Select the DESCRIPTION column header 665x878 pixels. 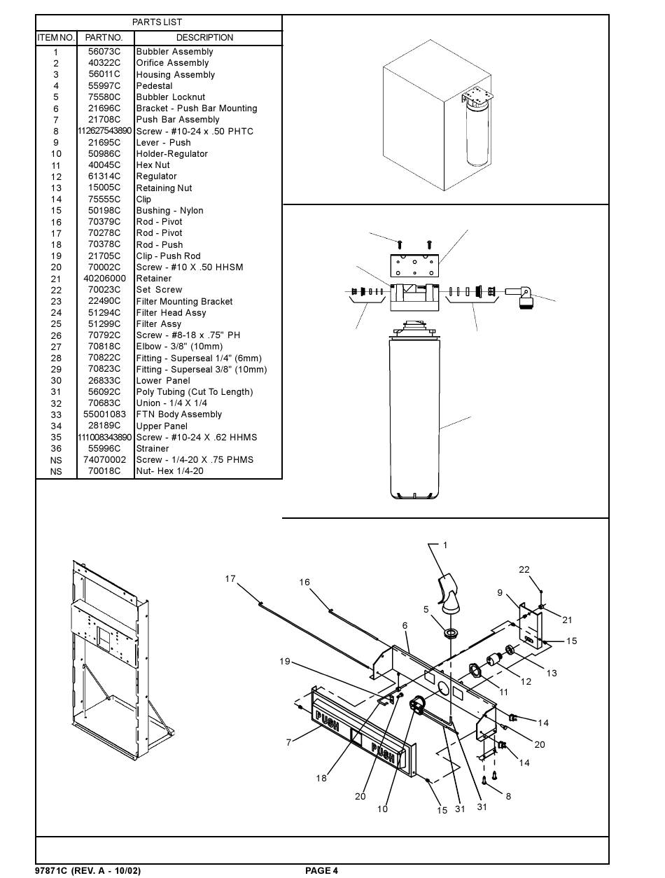tap(204, 38)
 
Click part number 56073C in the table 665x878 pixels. tap(104, 52)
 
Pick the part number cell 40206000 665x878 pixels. tap(104, 279)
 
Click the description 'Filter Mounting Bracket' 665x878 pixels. tap(184, 302)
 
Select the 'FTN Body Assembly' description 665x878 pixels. tap(178, 414)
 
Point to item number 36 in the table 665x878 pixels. tap(56, 449)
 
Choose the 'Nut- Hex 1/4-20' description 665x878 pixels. tap(169, 471)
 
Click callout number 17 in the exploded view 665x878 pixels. tap(230, 579)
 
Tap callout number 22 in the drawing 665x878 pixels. tap(524, 570)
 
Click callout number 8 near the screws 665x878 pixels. tap(508, 796)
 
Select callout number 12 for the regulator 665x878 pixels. tap(526, 681)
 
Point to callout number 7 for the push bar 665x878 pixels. tap(288, 742)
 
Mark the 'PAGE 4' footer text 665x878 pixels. tap(321, 870)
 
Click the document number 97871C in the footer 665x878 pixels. tap(52, 870)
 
